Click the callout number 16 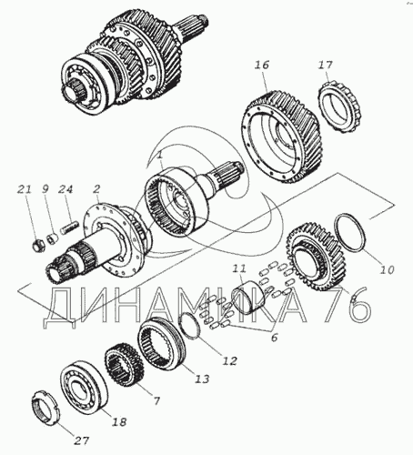(x=262, y=65)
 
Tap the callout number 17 (x=326, y=65)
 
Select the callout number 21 (x=24, y=189)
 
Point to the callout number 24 (x=65, y=189)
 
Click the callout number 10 (x=387, y=269)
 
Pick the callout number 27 (x=82, y=440)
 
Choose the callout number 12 (x=229, y=360)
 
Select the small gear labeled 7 (x=123, y=363)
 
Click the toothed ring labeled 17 (x=340, y=106)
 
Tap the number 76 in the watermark (x=348, y=304)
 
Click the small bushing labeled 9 (x=53, y=238)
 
